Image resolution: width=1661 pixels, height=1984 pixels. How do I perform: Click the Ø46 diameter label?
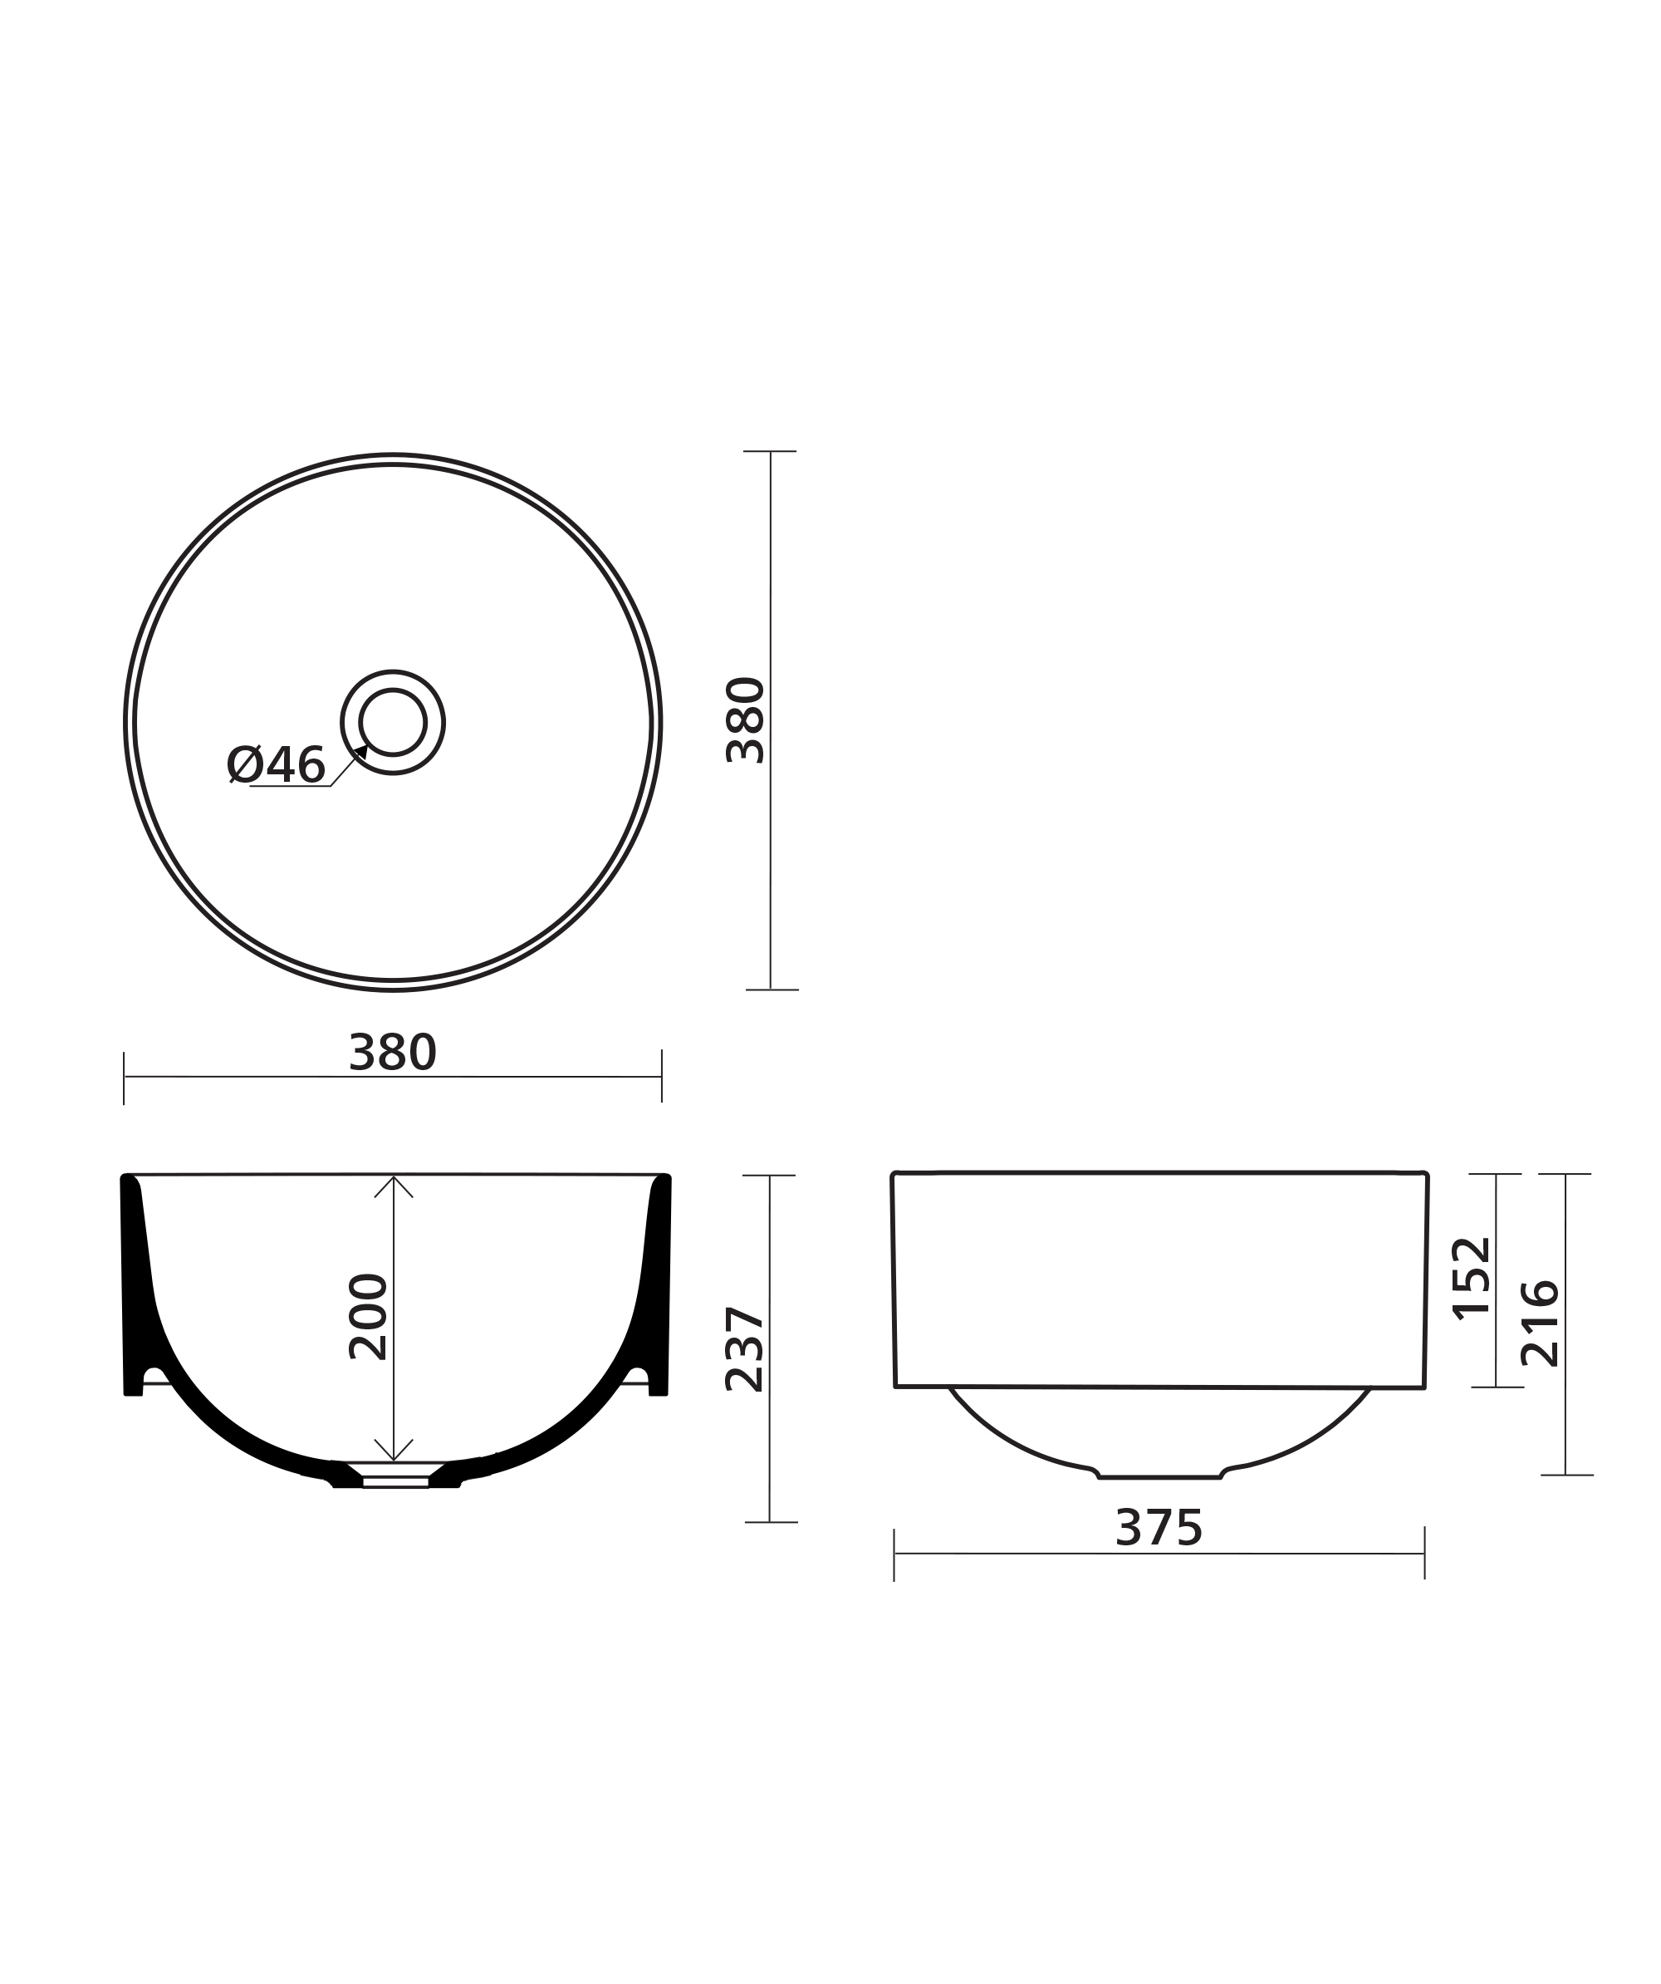[276, 764]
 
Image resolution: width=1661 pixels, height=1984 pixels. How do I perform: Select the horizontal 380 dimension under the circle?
[393, 1053]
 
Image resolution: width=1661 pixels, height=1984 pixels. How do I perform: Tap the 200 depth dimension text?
[368, 1317]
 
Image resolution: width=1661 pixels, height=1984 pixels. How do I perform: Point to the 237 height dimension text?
[744, 1349]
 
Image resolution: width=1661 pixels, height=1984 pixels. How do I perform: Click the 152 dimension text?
[1471, 1279]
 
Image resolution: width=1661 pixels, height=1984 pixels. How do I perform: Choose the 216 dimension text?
[1540, 1323]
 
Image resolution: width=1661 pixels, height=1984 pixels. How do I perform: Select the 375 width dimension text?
[1159, 1529]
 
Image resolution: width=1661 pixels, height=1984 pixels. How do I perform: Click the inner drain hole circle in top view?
[393, 722]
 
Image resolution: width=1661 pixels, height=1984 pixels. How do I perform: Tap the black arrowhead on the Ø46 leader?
[360, 752]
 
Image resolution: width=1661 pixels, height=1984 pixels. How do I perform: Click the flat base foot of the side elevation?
[1159, 1476]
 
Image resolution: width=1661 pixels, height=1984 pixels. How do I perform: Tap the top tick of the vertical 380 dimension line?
[770, 452]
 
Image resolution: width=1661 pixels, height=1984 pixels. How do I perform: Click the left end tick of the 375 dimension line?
[894, 1554]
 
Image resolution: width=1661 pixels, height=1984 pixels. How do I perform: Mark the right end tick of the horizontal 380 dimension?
[662, 1076]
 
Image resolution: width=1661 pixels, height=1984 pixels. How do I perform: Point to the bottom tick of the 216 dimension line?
[1565, 1475]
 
